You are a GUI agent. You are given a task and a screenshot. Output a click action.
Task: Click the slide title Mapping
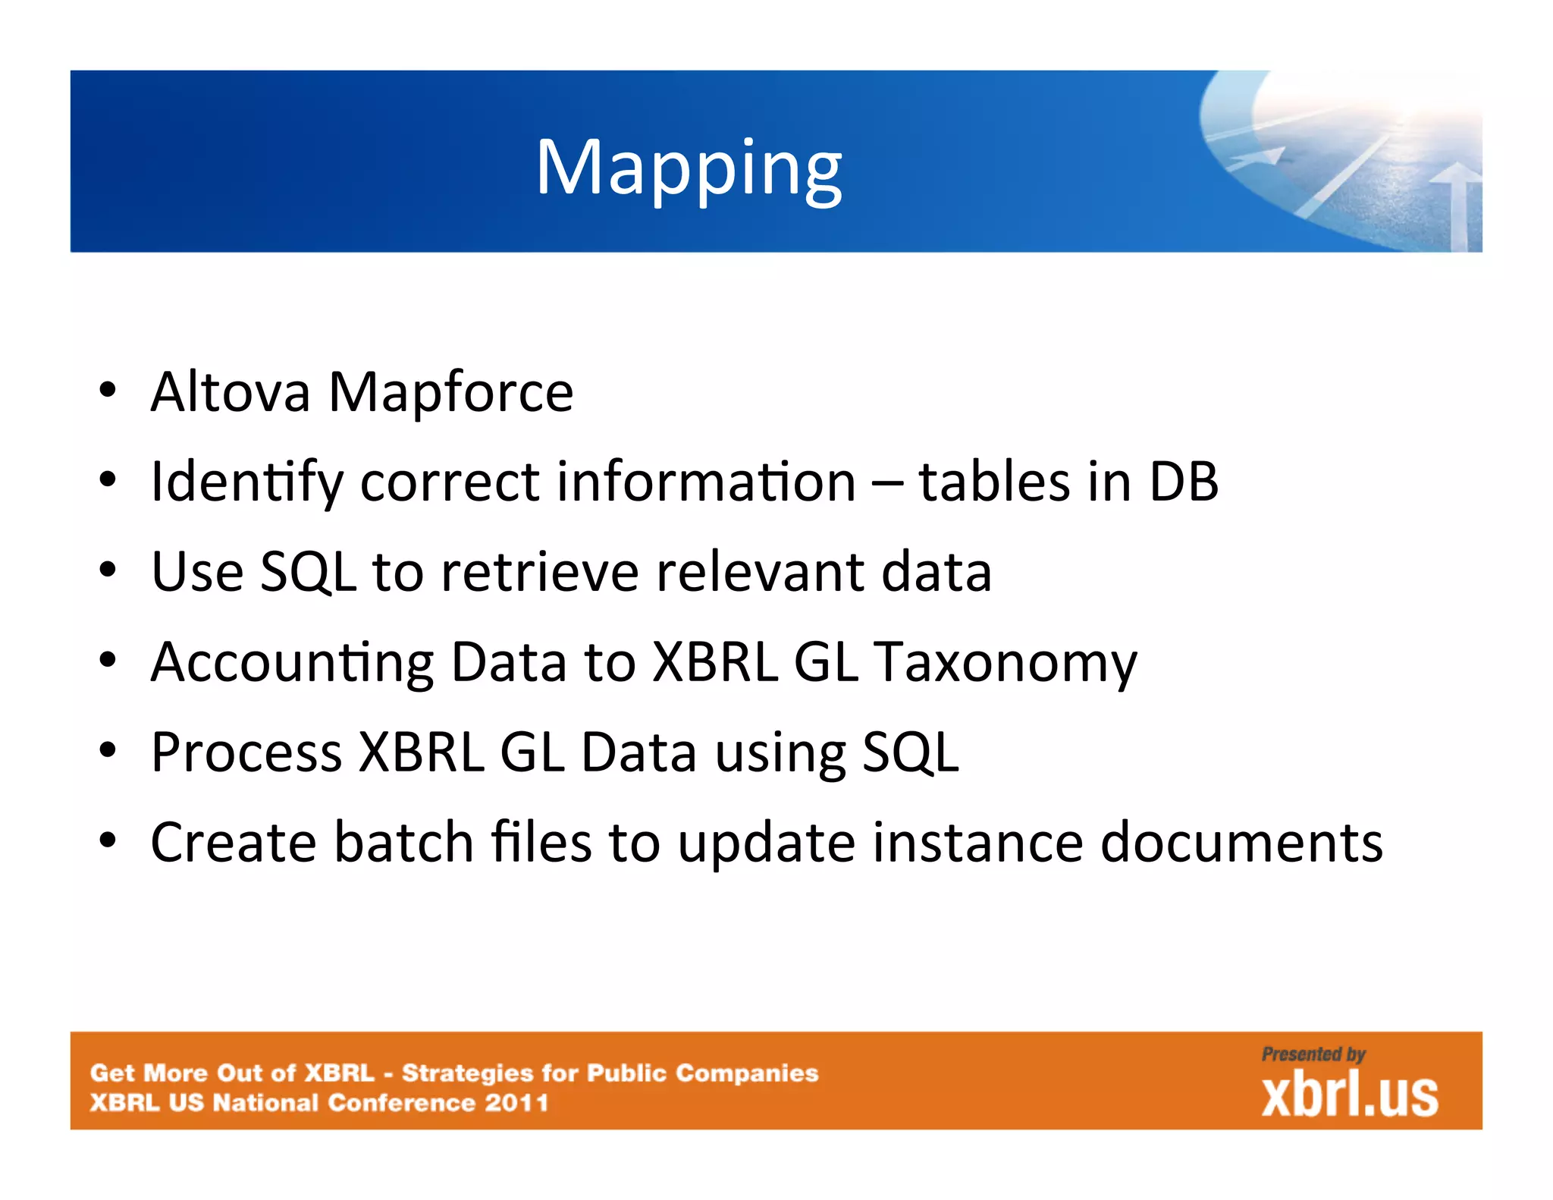click(689, 168)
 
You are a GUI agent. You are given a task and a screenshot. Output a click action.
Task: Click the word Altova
click(231, 392)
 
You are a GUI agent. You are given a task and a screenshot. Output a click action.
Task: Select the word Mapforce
click(450, 394)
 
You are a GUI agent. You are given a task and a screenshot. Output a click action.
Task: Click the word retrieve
click(540, 573)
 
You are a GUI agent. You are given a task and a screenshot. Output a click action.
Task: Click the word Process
click(246, 753)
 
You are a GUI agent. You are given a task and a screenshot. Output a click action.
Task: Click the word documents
click(1241, 842)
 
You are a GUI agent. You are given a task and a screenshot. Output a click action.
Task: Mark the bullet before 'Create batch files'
click(108, 840)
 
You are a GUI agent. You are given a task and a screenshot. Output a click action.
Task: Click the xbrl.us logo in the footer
click(1349, 1095)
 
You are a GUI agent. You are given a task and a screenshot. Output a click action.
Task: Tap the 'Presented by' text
click(1313, 1054)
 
